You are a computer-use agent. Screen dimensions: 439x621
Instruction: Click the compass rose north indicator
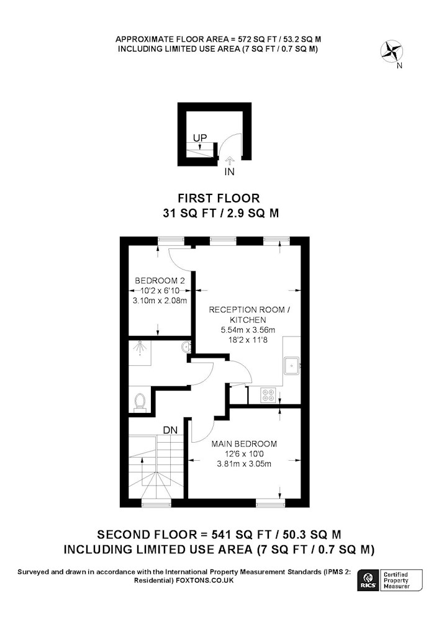coord(392,52)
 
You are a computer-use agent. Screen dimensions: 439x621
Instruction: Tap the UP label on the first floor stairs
coord(200,138)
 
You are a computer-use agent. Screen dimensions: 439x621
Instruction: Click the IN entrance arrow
coord(229,160)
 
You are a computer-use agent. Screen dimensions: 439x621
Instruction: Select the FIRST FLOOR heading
coord(219,198)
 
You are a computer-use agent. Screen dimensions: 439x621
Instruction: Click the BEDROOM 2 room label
coord(160,281)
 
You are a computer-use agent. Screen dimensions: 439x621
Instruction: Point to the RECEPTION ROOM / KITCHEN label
coord(249,314)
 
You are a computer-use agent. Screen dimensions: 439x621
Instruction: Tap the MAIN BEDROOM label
coord(244,444)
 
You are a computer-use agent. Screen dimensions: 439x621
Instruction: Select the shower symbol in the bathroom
coord(140,349)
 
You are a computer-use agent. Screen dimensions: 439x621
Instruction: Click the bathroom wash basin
coord(186,347)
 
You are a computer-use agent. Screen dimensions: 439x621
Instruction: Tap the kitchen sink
coord(292,365)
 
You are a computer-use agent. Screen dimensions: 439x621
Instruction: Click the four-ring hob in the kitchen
coord(268,395)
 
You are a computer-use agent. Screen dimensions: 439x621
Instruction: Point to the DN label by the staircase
coord(170,430)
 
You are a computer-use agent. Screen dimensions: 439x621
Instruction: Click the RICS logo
coord(367,581)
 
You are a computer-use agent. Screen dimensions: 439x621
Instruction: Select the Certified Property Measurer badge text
coord(396,581)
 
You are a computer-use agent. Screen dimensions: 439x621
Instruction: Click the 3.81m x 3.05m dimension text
coord(244,464)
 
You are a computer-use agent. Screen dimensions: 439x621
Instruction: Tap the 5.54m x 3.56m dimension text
coord(248,330)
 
